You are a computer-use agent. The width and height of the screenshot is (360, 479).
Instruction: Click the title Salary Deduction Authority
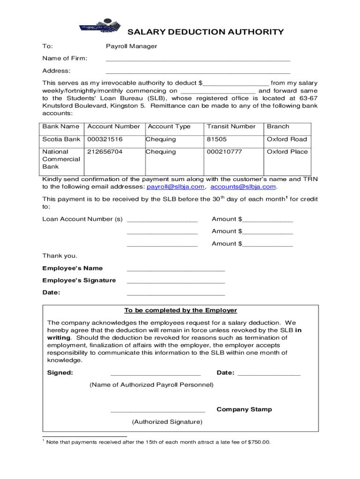point(206,32)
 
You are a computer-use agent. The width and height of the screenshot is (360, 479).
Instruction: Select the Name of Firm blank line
point(198,60)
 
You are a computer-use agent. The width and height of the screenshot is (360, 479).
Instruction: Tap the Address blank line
point(198,72)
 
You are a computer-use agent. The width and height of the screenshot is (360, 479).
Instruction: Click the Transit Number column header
point(231,127)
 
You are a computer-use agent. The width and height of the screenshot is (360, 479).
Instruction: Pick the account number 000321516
point(105,139)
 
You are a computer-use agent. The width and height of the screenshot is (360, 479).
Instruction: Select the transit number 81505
point(216,139)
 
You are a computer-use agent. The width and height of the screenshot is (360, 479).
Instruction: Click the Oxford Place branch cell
point(287,152)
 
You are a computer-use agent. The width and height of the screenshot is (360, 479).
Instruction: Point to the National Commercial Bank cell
point(61,159)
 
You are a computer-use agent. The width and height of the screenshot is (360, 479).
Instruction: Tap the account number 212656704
point(105,152)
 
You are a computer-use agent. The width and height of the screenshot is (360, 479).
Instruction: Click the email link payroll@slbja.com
point(176,187)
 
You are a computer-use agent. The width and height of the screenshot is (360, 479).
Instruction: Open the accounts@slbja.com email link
point(243,187)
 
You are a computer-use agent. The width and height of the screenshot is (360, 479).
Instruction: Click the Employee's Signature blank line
point(176,282)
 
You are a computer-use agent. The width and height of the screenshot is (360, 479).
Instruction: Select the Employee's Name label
point(72,269)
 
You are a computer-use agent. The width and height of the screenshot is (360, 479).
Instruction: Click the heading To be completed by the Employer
point(180,311)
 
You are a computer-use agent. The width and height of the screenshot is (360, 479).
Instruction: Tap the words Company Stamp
point(244,410)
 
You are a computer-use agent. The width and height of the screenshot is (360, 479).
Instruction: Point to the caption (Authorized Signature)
point(167,422)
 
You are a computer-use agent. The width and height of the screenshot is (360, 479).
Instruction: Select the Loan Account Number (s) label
point(82,219)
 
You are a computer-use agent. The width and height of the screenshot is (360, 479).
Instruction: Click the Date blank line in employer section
point(269,374)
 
